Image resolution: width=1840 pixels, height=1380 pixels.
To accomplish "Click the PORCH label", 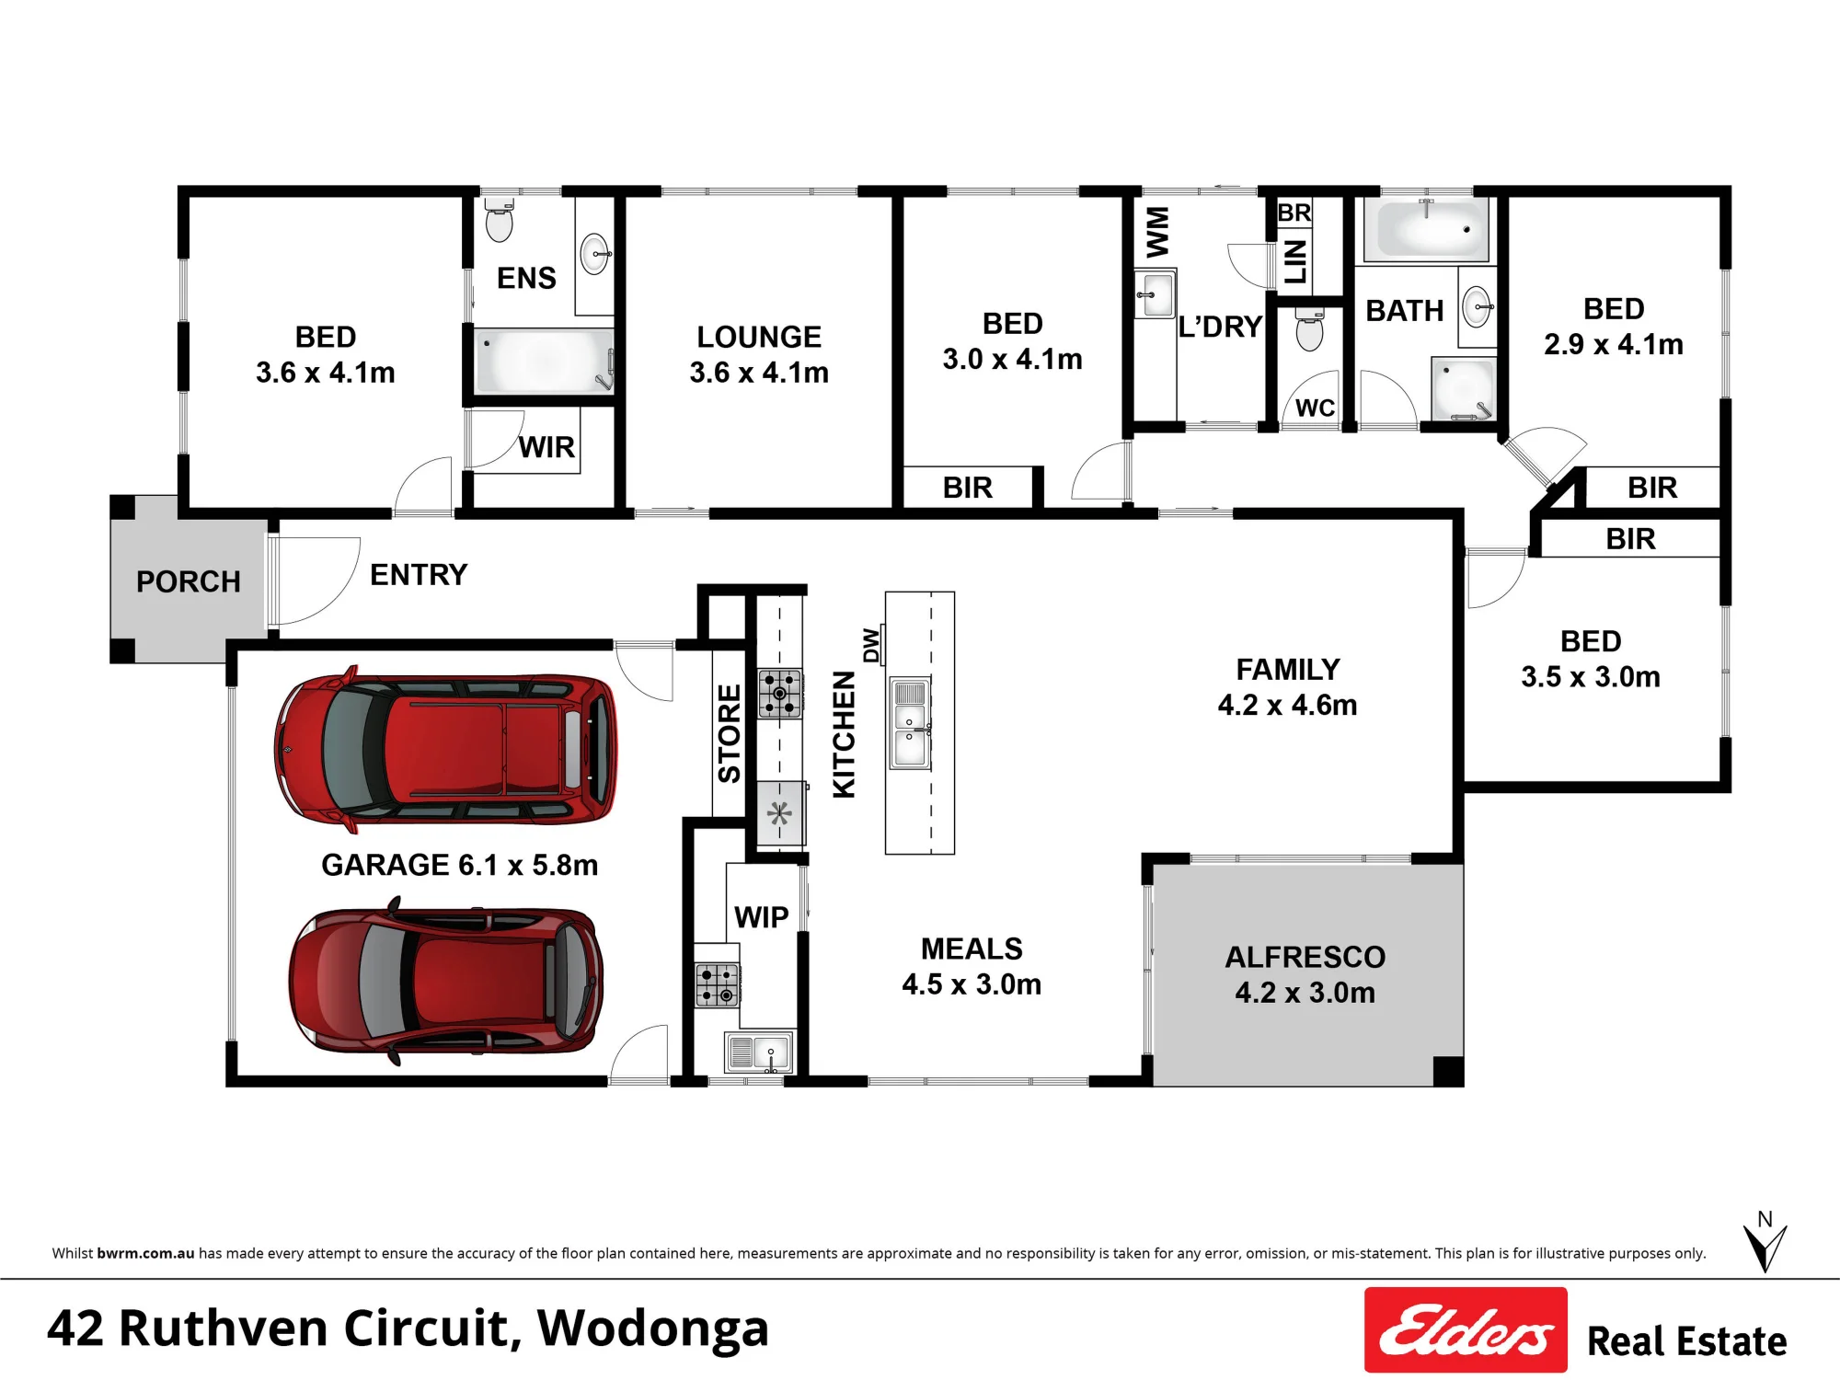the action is click(189, 581).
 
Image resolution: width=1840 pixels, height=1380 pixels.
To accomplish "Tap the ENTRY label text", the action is click(419, 575).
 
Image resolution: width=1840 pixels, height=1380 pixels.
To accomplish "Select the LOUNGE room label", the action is click(759, 337).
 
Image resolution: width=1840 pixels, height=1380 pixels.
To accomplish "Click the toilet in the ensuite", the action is click(499, 218).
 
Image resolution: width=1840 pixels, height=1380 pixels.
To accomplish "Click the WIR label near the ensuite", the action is click(546, 447).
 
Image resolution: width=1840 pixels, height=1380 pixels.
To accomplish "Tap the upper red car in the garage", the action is click(445, 749).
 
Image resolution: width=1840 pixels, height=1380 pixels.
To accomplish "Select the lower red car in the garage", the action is click(446, 981).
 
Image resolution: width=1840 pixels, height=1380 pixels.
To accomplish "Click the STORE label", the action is click(729, 733).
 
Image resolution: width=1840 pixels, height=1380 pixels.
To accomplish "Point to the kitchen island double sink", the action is click(910, 723).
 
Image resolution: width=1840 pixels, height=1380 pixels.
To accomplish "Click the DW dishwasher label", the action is click(871, 645).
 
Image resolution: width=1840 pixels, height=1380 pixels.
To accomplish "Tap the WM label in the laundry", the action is click(1157, 232).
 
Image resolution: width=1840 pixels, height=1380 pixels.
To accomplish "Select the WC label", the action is click(1315, 408).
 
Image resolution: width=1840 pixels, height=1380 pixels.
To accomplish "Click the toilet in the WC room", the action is click(1309, 329).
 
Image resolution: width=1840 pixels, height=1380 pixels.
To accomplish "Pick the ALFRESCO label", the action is click(1305, 957).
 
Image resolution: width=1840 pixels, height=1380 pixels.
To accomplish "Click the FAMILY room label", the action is click(1288, 669).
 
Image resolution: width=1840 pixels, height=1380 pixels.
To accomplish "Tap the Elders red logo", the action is click(1466, 1329).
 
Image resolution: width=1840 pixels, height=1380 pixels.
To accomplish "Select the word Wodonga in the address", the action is click(652, 1328).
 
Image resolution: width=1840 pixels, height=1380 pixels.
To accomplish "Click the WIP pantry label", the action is click(761, 917).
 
